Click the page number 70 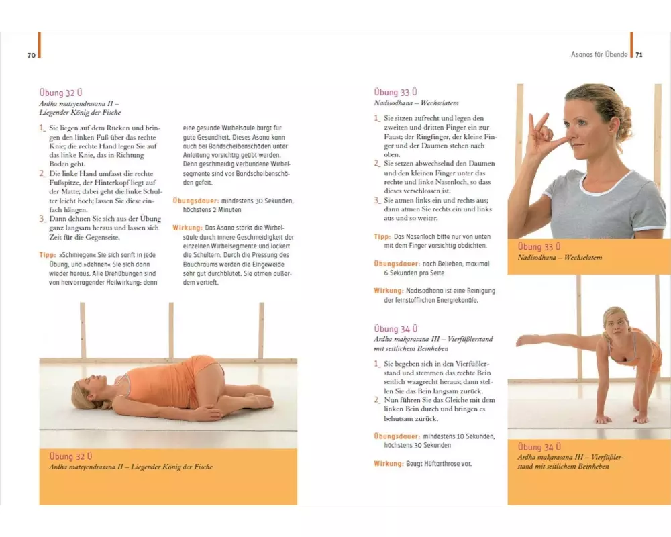pos(32,55)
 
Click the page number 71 pos(639,55)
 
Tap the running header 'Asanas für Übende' pos(599,54)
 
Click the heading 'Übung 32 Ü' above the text pos(60,93)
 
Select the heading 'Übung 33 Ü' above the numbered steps pos(395,92)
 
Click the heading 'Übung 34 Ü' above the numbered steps pos(395,329)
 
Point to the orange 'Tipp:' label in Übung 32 pos(48,255)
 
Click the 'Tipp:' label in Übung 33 pos(382,236)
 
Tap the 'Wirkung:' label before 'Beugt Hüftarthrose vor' pos(389,463)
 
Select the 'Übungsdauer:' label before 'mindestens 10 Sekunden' pos(397,436)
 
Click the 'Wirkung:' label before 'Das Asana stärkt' pos(187,228)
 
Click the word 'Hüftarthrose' pos(442,463)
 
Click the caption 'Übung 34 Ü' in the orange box pos(539,446)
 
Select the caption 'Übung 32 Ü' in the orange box pos(70,456)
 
